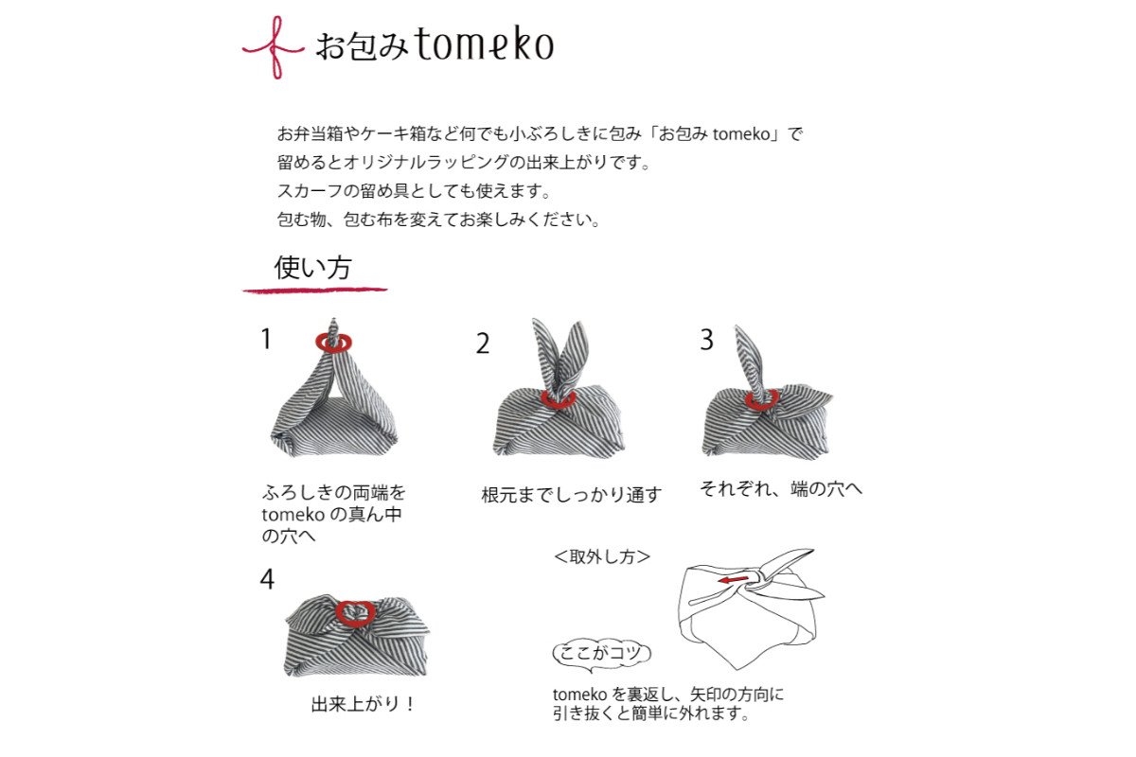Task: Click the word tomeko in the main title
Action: [485, 44]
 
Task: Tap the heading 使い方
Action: [312, 267]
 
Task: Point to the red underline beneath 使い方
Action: [315, 290]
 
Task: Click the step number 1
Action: [266, 339]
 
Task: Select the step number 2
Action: [483, 343]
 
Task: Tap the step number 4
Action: [267, 578]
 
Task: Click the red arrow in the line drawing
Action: [734, 579]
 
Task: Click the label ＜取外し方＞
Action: [602, 556]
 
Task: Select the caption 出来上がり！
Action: [363, 704]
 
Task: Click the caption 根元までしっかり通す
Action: [571, 494]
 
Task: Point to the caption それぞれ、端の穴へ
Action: [780, 489]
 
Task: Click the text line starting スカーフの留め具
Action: [414, 191]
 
